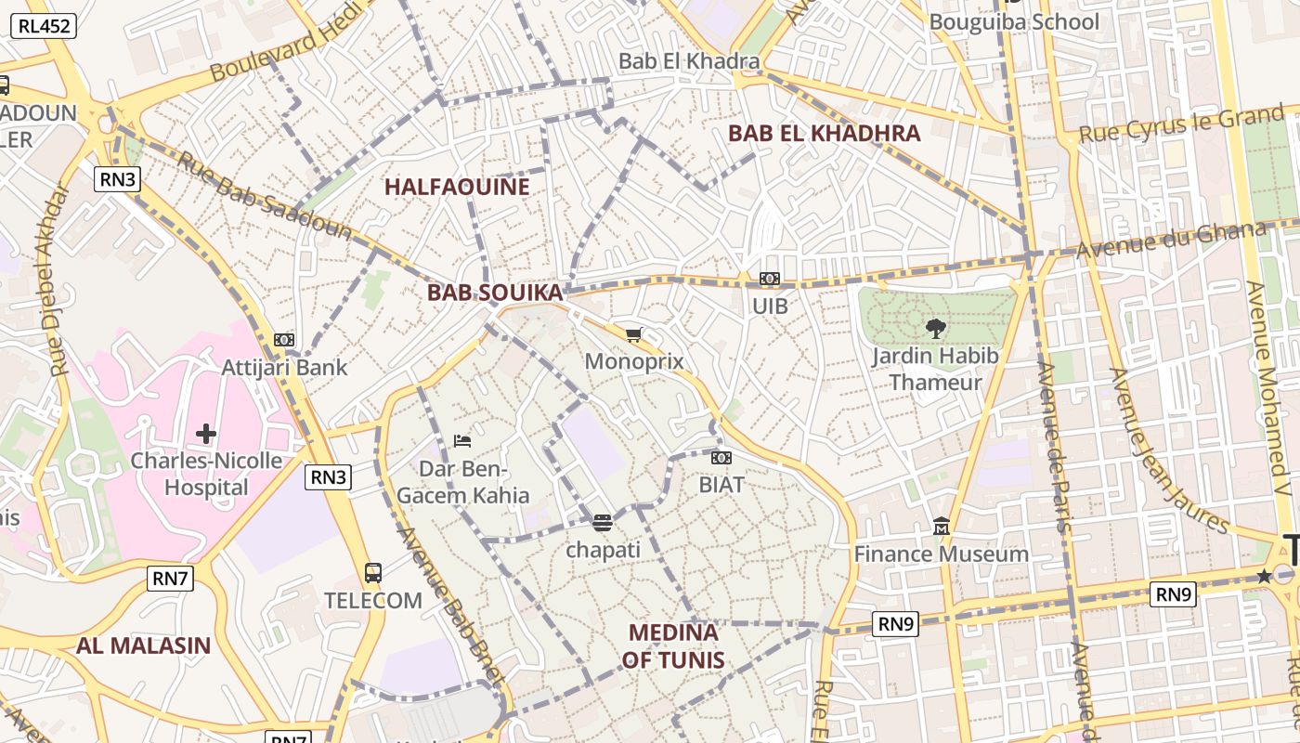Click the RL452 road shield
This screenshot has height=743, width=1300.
43,26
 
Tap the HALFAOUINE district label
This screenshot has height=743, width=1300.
457,187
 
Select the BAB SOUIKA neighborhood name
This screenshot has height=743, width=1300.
494,293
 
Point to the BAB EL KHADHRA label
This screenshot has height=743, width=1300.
824,133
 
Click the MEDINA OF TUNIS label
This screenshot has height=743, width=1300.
673,646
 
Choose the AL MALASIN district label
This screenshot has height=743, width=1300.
143,645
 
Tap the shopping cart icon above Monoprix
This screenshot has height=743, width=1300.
634,335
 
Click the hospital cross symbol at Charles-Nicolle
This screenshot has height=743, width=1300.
206,433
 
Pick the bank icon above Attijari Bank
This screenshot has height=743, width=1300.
284,340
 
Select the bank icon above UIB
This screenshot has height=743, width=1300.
769,279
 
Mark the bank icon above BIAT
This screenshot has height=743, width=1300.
721,458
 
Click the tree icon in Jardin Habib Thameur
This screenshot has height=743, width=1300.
936,328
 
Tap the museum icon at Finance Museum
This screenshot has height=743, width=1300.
942,527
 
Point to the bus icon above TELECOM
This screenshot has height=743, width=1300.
373,573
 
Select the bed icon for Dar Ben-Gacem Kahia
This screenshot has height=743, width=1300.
461,440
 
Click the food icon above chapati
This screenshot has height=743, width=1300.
603,523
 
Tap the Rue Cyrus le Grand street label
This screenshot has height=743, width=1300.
1180,124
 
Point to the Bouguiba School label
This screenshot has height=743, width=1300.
1013,21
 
